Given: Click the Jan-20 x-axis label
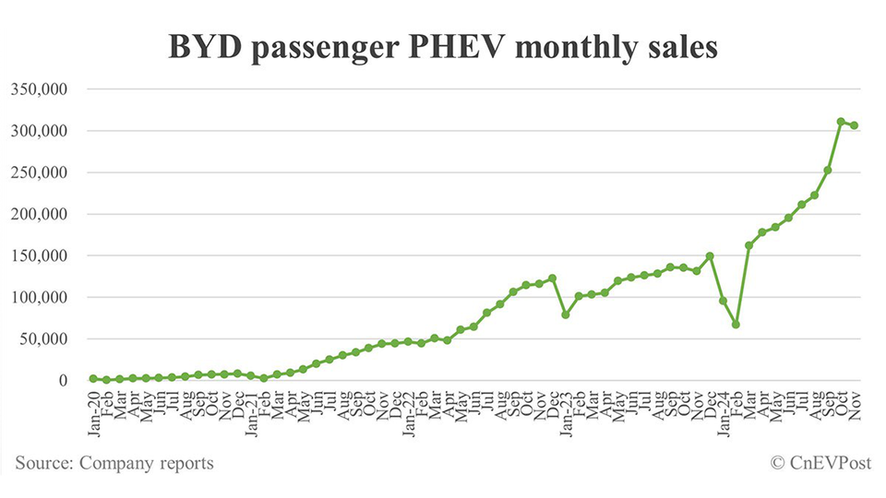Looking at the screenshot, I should [x=93, y=406].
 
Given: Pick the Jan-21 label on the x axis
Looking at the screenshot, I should [x=251, y=406].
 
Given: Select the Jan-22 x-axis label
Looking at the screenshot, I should [x=408, y=406].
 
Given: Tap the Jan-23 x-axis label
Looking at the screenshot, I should [x=566, y=406].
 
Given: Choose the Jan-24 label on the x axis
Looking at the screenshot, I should [x=723, y=406].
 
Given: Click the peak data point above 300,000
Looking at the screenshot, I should [x=841, y=122].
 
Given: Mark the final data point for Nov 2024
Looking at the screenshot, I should [x=855, y=125].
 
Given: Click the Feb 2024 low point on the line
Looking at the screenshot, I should [x=736, y=325].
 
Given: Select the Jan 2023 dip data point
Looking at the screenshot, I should [x=566, y=314].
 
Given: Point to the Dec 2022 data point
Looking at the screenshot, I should [x=553, y=278].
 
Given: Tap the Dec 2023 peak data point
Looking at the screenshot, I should [x=710, y=256].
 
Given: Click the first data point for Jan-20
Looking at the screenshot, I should [x=93, y=378].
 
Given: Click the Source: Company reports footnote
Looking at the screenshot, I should [x=114, y=463].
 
